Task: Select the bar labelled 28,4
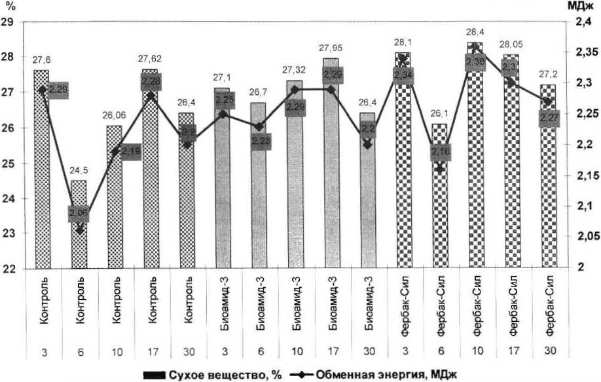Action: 475,164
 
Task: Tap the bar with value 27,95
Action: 331,170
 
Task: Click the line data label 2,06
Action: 80,213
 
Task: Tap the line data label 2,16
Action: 439,154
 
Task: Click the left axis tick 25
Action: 10,164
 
